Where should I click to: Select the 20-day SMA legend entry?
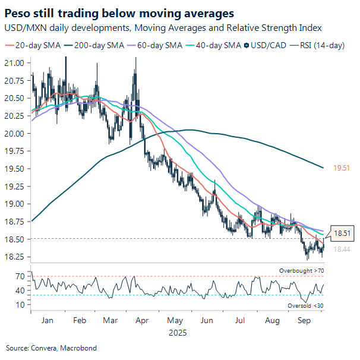30,45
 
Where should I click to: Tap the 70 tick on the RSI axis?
20,276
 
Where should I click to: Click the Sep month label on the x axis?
305,320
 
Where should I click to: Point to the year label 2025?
176,333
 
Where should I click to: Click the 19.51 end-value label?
341,169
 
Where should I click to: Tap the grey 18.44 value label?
341,250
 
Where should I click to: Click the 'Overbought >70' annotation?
302,271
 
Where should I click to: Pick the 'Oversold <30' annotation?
304,305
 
